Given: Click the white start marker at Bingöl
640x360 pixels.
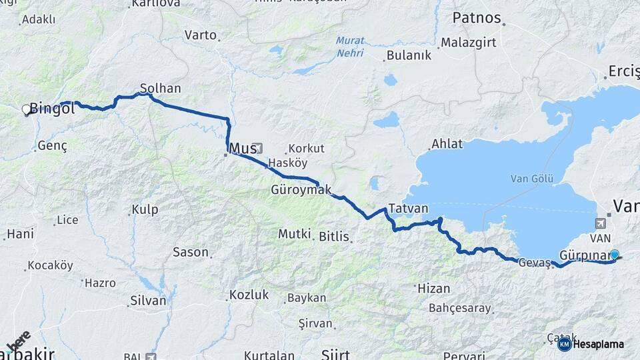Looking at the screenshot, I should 27,109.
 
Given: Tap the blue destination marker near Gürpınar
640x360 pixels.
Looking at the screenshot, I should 615,254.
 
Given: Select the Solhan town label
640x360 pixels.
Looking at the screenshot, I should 161,88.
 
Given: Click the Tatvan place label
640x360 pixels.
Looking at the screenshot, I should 408,208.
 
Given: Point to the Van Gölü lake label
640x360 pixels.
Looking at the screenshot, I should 528,178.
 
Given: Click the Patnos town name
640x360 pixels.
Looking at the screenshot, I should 476,17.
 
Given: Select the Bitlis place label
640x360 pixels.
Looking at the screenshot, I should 334,236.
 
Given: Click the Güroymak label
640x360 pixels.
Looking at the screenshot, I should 301,190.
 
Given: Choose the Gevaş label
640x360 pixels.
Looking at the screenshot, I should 534,263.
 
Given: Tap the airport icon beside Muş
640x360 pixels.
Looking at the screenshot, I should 258,148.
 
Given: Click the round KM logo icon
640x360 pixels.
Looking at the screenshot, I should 564,344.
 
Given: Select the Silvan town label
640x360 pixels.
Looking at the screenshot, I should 149,301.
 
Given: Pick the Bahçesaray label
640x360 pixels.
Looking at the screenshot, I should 460,309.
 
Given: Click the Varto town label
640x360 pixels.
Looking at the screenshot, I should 201,34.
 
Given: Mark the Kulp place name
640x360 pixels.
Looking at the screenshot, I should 145,210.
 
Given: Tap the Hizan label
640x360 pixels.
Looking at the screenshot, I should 433,289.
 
